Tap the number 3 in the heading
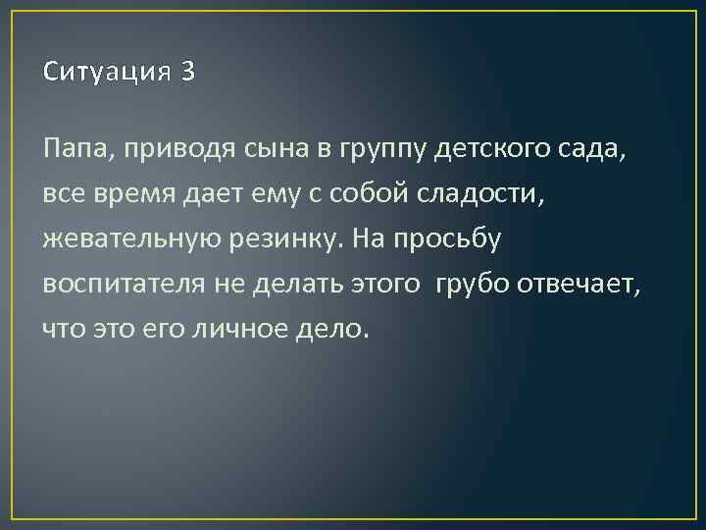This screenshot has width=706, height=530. [188, 73]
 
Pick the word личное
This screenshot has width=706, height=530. [247, 329]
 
